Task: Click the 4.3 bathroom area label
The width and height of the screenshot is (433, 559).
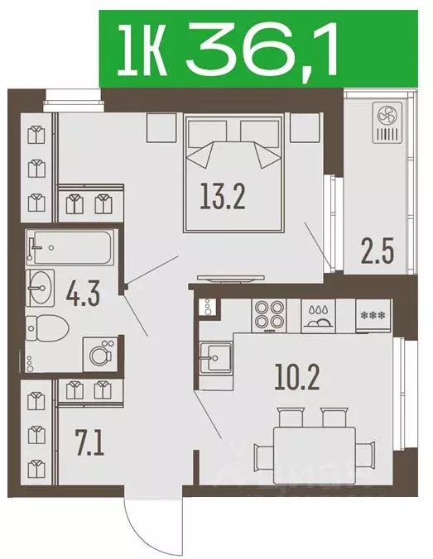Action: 83,294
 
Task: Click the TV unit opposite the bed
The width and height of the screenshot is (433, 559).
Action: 231,279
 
